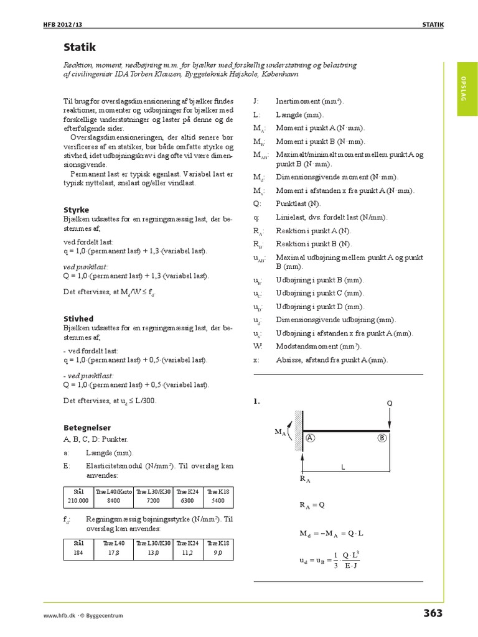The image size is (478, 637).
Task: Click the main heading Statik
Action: [x=79, y=47]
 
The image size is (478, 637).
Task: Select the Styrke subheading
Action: [x=77, y=210]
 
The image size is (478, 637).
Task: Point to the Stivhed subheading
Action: [x=78, y=318]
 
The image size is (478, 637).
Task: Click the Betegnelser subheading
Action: [x=87, y=427]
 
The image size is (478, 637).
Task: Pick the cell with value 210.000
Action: [x=79, y=500]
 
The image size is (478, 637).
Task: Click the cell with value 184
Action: [x=79, y=551]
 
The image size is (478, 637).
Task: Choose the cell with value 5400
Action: [x=218, y=500]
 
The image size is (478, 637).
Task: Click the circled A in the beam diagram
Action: [x=309, y=438]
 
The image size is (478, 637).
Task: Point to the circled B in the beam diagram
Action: [x=382, y=438]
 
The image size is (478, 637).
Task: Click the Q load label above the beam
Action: [x=390, y=402]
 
